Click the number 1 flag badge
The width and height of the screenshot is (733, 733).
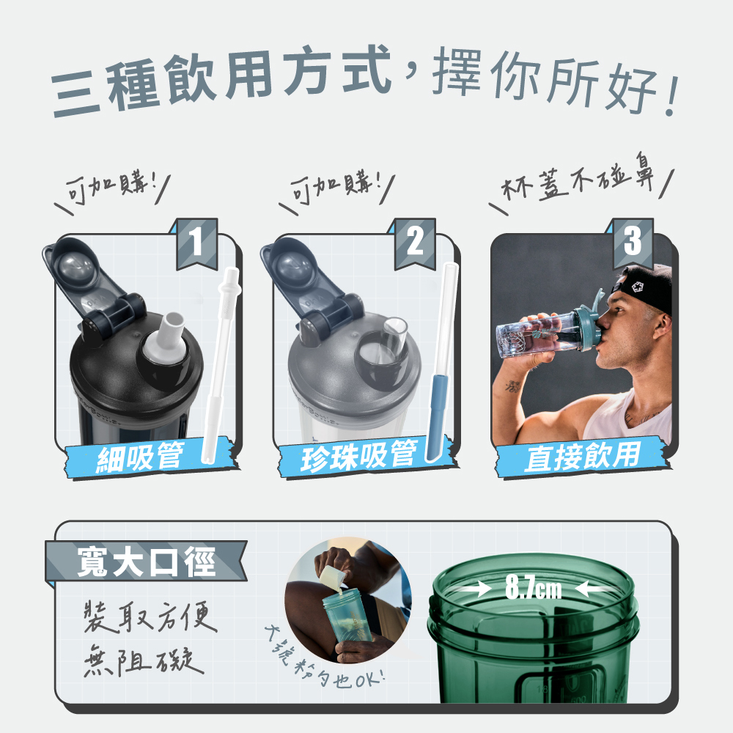(196, 243)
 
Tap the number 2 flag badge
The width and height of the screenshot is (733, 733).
(415, 243)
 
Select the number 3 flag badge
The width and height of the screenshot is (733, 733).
(633, 243)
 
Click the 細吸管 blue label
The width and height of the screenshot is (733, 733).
(140, 457)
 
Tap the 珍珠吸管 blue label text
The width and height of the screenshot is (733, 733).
(358, 456)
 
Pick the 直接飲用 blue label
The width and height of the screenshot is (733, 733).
(582, 457)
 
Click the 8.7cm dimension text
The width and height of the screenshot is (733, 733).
(533, 588)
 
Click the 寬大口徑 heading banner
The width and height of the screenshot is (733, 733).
(146, 561)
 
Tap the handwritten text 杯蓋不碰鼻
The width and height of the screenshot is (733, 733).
(578, 181)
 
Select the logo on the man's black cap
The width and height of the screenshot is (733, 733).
(638, 286)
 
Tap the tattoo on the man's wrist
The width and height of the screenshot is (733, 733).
(512, 386)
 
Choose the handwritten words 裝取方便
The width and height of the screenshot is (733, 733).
(150, 618)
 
